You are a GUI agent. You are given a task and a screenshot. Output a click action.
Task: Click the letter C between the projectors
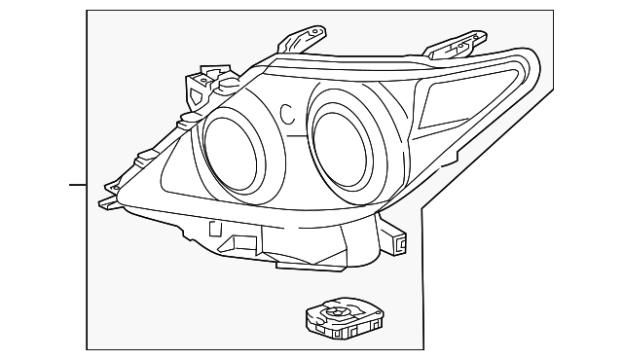point(287,114)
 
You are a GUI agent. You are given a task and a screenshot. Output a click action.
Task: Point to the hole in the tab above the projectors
point(313,33)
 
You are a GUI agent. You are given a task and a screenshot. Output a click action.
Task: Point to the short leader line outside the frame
point(78,183)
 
